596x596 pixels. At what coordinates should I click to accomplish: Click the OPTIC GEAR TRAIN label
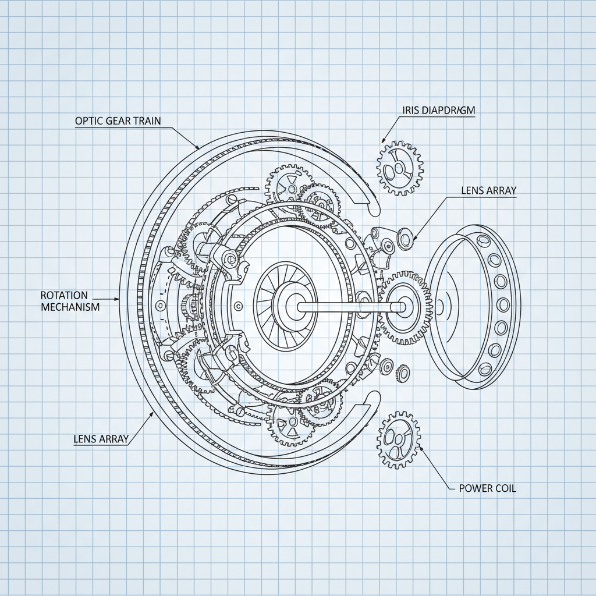click(x=118, y=120)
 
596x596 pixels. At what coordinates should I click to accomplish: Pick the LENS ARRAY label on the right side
click(x=488, y=190)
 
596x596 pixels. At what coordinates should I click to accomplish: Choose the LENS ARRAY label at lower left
click(x=101, y=439)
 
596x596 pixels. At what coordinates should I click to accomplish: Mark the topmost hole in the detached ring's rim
click(x=481, y=240)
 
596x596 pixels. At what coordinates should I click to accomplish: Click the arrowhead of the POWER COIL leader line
click(x=421, y=449)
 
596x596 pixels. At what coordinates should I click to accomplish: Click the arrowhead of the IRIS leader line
click(x=384, y=140)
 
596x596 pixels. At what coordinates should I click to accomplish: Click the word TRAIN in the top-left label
click(x=148, y=120)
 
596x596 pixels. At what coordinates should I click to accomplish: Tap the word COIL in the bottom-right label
click(x=503, y=488)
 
